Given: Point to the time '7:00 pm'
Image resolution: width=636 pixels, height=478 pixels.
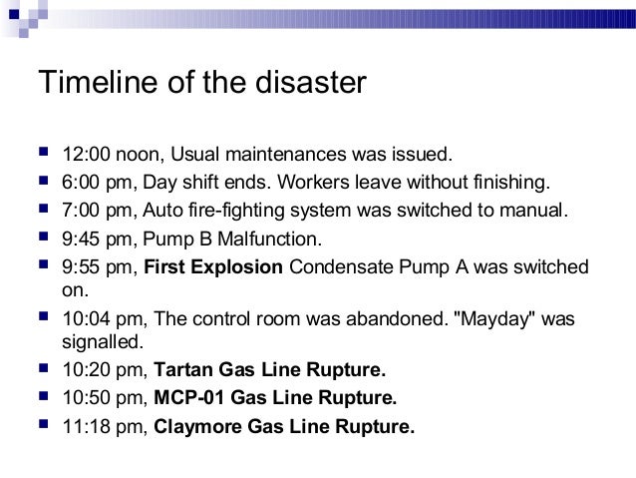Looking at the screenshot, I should click(x=93, y=212).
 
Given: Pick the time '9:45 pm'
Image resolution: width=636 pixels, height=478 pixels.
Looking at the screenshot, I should click(x=93, y=239).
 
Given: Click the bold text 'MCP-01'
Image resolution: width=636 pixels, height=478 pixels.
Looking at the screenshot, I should click(x=189, y=399).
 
